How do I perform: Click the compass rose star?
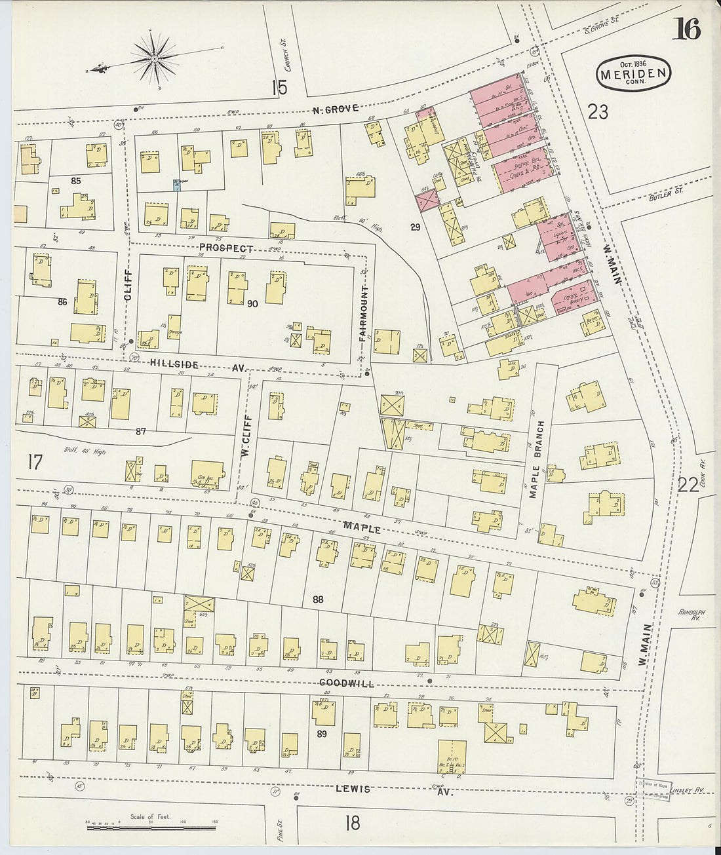point(154,60)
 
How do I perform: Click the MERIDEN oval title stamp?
point(633,73)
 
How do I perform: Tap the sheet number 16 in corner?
point(686,29)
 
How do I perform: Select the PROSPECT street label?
point(226,248)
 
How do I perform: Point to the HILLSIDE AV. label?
point(197,364)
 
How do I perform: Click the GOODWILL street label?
point(347,683)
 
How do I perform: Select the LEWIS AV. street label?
point(393,789)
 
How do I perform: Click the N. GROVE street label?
point(336,109)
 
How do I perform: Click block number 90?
point(252,304)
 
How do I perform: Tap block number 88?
point(318,599)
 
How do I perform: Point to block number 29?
point(415,227)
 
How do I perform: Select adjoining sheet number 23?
point(598,112)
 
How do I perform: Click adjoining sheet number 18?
point(353,823)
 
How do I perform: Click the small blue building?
point(176,185)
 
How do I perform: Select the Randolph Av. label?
point(692,615)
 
